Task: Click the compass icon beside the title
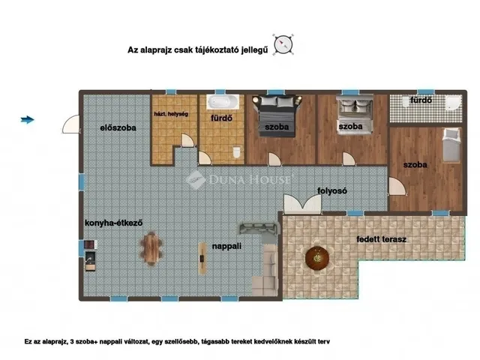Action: [283, 45]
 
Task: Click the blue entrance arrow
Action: [27, 120]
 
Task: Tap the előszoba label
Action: [118, 127]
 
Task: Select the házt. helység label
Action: [171, 114]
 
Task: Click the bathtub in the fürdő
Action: [223, 102]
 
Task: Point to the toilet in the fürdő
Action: [237, 152]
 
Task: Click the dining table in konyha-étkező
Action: [151, 248]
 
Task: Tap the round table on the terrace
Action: [317, 258]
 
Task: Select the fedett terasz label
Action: [382, 239]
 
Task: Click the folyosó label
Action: [332, 190]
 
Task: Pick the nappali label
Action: [226, 246]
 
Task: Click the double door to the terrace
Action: [302, 204]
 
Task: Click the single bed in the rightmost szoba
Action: [451, 145]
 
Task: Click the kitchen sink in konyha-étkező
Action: [90, 261]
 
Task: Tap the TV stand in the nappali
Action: [202, 258]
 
